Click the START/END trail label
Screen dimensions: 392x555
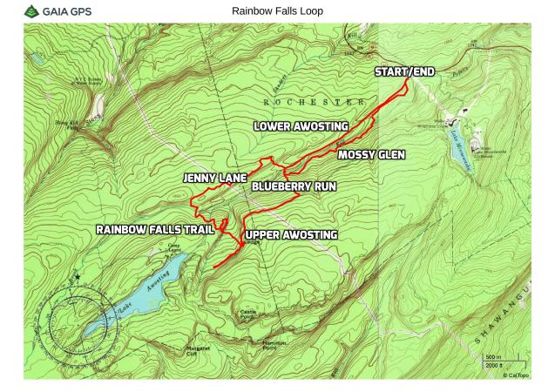tap(404, 71)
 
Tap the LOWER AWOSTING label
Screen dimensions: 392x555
tap(301, 126)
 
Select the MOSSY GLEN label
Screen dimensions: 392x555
tap(371, 156)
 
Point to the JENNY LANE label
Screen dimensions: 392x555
tap(215, 178)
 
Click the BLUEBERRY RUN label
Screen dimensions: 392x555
tap(294, 186)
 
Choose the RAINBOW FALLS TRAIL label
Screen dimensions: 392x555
tap(155, 230)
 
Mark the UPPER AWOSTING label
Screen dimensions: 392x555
tap(291, 235)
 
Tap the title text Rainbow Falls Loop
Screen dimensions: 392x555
tap(277, 11)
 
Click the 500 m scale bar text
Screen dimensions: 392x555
tap(492, 357)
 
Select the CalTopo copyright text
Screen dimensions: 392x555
tap(514, 375)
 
